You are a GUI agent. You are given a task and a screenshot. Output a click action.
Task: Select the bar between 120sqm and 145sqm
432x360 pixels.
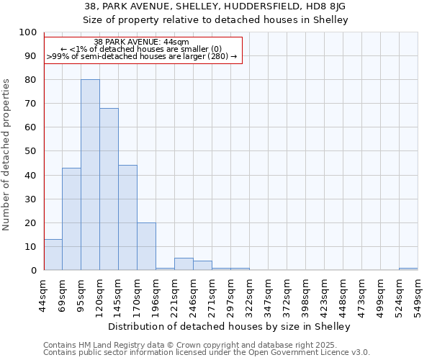tap(109, 189)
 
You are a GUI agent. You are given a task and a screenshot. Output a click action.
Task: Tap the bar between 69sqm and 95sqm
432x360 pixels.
tap(71, 219)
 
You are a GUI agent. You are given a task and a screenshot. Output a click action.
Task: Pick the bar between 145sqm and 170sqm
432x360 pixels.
tap(127, 217)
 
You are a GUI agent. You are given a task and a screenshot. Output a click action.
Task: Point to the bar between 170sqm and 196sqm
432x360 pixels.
tap(146, 246)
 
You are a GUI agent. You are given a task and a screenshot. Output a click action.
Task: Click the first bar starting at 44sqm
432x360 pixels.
tap(53, 255)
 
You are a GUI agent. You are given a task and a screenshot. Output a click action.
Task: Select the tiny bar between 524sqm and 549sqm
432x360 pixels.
tap(408, 269)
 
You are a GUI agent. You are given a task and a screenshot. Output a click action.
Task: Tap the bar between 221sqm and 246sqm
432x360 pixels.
tap(184, 264)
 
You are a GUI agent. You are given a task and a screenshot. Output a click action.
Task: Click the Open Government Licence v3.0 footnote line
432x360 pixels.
tap(206, 352)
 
